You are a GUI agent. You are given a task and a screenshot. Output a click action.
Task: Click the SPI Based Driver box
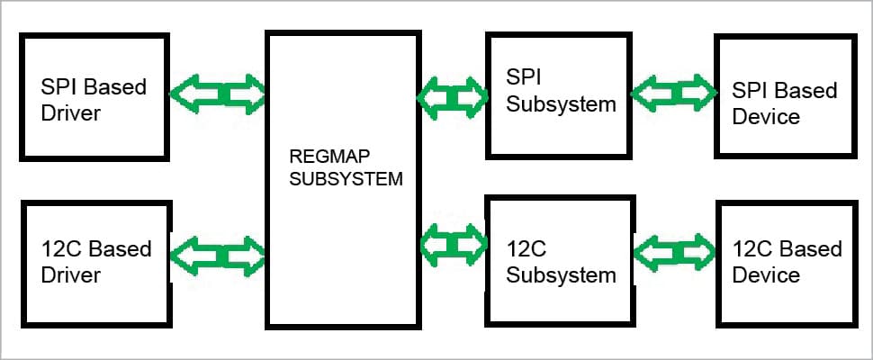click(x=95, y=96)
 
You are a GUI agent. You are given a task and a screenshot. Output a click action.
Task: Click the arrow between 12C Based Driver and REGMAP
click(x=218, y=255)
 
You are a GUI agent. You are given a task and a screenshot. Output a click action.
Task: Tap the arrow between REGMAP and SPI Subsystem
click(x=452, y=94)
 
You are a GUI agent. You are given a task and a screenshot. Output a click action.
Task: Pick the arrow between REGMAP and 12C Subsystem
click(x=452, y=244)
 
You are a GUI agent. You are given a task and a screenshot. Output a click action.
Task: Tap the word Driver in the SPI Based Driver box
click(x=71, y=114)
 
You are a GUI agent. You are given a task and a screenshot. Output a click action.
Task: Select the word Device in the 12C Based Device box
click(x=766, y=274)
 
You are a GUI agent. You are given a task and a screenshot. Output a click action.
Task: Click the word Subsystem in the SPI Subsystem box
click(x=561, y=103)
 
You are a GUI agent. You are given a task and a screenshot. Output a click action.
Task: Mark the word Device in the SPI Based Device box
click(x=766, y=116)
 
